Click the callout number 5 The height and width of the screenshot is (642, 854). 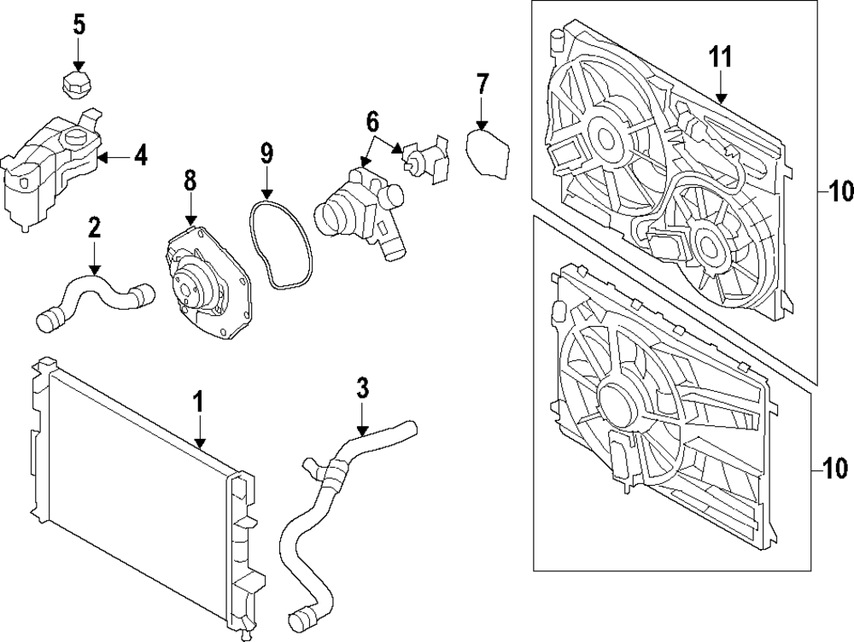click(x=79, y=25)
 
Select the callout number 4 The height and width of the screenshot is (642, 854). click(x=140, y=156)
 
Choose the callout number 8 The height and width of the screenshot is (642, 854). click(x=190, y=181)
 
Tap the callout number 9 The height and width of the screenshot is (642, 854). click(x=266, y=154)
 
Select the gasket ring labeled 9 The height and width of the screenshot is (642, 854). click(x=278, y=244)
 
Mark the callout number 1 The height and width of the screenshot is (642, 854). click(x=198, y=401)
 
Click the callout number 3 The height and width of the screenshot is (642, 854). click(x=362, y=389)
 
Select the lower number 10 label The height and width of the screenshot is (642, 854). click(x=838, y=468)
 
